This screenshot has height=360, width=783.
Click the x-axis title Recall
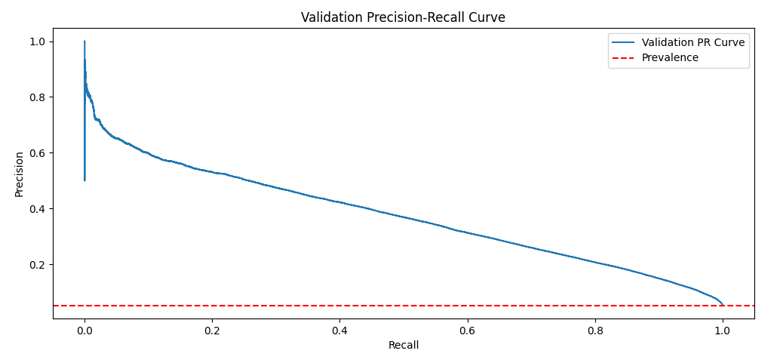point(403,345)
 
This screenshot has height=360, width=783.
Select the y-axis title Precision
point(20,174)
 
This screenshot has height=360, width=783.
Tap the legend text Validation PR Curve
point(692,42)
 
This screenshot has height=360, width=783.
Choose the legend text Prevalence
point(670,57)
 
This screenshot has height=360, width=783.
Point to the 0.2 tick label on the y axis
point(37,264)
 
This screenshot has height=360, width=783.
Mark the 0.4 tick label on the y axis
point(37,208)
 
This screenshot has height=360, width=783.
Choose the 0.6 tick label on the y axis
point(37,152)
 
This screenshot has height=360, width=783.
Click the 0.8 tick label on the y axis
point(37,97)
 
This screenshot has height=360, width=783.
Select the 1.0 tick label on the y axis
point(37,41)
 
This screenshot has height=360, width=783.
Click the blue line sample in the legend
point(625,42)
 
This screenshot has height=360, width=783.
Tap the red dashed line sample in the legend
point(625,57)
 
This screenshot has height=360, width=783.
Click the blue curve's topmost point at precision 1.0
point(84,42)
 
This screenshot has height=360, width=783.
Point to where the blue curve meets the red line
point(723,305)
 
